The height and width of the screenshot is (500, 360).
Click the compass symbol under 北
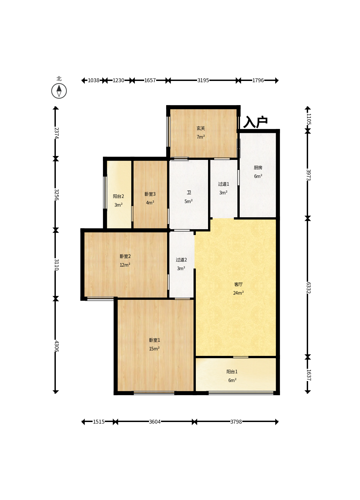pos(59,91)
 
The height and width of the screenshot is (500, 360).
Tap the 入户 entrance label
pos(255,122)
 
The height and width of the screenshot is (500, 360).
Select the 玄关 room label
pos(201,128)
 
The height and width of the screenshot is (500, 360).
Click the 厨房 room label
pos(258,167)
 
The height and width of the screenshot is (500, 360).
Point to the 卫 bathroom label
pos(189,192)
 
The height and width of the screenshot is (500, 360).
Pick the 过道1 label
pos(224,184)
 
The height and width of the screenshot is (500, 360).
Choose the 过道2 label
pos(181,260)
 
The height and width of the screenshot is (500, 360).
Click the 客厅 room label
pos(238,284)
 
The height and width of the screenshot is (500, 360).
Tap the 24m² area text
pos(238,293)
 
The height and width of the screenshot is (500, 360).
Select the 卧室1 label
pos(155,340)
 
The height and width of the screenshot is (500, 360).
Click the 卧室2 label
pos(125,256)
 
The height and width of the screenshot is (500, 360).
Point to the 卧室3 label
pos(150,194)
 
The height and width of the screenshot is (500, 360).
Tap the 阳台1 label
pos(232,371)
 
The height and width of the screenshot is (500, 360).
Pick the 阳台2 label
pos(118,196)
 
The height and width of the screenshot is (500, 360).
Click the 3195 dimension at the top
pos(203,80)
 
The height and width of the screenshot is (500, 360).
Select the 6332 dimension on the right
pos(308,288)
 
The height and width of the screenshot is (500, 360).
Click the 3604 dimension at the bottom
pos(155,422)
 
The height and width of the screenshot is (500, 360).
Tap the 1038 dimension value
pos(93,80)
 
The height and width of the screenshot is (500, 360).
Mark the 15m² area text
pos(154,349)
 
